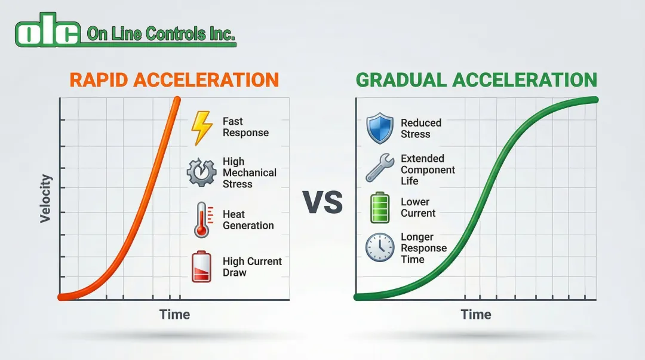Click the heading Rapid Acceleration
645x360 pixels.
[174, 80]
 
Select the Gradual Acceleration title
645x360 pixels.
[477, 80]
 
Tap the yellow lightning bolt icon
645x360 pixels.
[202, 128]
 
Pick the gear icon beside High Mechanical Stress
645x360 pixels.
[202, 172]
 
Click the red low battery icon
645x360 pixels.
[202, 267]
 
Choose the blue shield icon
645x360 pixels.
[380, 128]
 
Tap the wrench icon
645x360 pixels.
[380, 167]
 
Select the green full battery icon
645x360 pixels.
[380, 208]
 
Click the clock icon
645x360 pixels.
[380, 247]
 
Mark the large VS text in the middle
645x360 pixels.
[323, 202]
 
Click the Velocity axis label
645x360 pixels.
[45, 199]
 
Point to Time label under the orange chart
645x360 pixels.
[175, 315]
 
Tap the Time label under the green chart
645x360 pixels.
[476, 315]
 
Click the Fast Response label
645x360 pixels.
[245, 127]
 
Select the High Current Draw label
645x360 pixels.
[252, 267]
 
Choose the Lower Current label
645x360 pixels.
[418, 207]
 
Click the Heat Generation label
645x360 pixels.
[248, 220]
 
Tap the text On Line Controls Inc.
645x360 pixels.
[161, 34]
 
